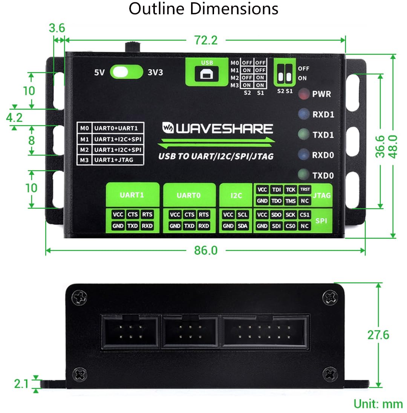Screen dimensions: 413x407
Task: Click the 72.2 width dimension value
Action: tap(205, 40)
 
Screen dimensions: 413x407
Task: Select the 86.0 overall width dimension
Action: tap(205, 250)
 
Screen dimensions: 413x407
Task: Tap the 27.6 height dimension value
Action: tap(378, 334)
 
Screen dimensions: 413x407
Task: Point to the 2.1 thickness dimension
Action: tap(21, 384)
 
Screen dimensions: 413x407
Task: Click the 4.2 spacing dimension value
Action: tap(14, 117)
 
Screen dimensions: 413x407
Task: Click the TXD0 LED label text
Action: tap(323, 175)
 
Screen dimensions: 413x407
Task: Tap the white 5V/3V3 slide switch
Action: tap(126, 72)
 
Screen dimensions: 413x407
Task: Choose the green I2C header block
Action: tap(236, 195)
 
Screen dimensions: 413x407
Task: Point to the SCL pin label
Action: tap(242, 215)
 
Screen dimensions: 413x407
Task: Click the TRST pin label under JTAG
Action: tap(304, 190)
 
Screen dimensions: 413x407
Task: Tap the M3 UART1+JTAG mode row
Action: tap(111, 160)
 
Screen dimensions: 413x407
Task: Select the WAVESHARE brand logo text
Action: tap(217, 129)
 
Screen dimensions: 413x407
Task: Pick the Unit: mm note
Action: tap(378, 404)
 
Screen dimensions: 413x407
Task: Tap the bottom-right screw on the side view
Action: tap(330, 374)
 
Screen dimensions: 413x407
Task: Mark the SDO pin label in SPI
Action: tap(276, 215)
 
